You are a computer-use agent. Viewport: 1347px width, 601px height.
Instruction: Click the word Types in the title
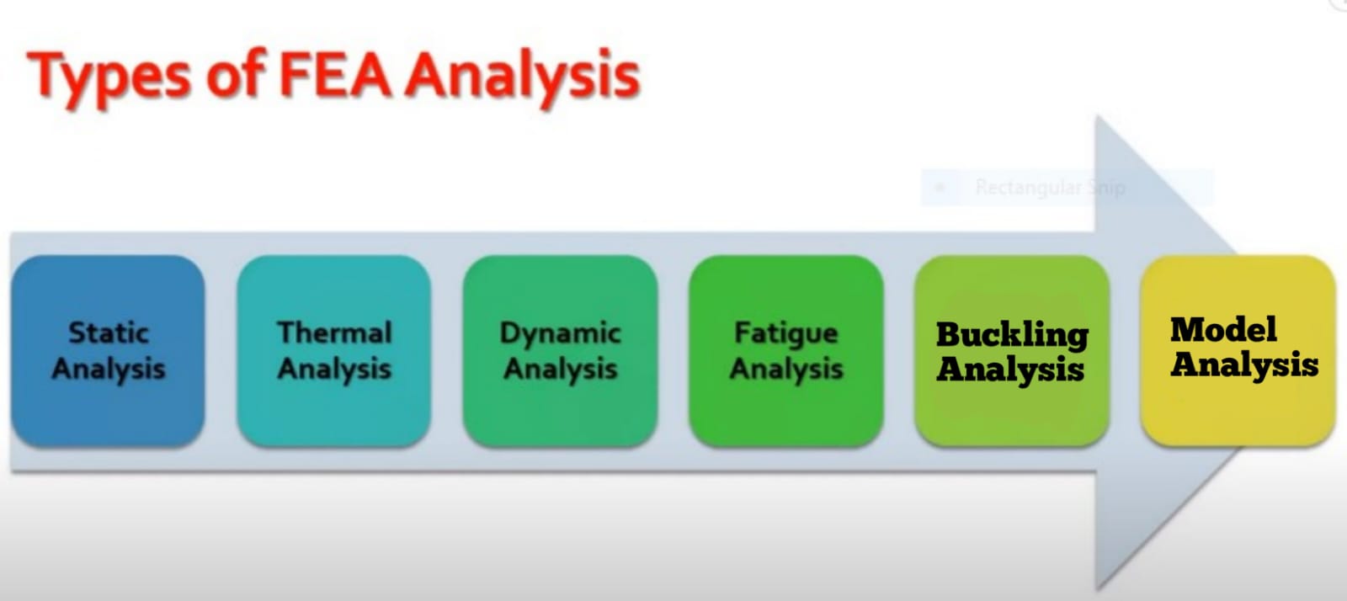[109, 79]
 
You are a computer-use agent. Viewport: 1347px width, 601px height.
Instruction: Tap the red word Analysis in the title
[522, 79]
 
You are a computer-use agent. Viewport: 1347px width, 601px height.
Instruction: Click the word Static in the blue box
[109, 332]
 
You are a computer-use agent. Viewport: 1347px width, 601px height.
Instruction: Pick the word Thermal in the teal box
[334, 332]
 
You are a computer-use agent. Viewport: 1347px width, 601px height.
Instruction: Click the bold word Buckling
[1012, 335]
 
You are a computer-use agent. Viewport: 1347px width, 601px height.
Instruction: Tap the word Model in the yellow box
[1223, 329]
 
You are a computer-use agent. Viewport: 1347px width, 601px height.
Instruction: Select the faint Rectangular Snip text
[1050, 188]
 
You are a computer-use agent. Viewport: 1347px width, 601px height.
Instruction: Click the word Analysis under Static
[109, 369]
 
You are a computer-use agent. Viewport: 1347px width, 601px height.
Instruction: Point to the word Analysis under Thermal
[334, 369]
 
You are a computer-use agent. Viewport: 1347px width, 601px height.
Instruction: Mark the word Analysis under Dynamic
[561, 369]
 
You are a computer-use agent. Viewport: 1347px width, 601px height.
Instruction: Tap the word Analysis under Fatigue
[786, 369]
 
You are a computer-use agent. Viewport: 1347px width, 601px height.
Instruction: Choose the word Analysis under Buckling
[1010, 370]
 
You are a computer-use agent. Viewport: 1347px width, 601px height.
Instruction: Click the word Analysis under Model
[1244, 364]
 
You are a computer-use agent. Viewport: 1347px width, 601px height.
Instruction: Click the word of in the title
[236, 75]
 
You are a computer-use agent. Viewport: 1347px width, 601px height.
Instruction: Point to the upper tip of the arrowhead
[1096, 116]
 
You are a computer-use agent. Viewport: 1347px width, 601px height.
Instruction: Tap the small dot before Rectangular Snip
[940, 188]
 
